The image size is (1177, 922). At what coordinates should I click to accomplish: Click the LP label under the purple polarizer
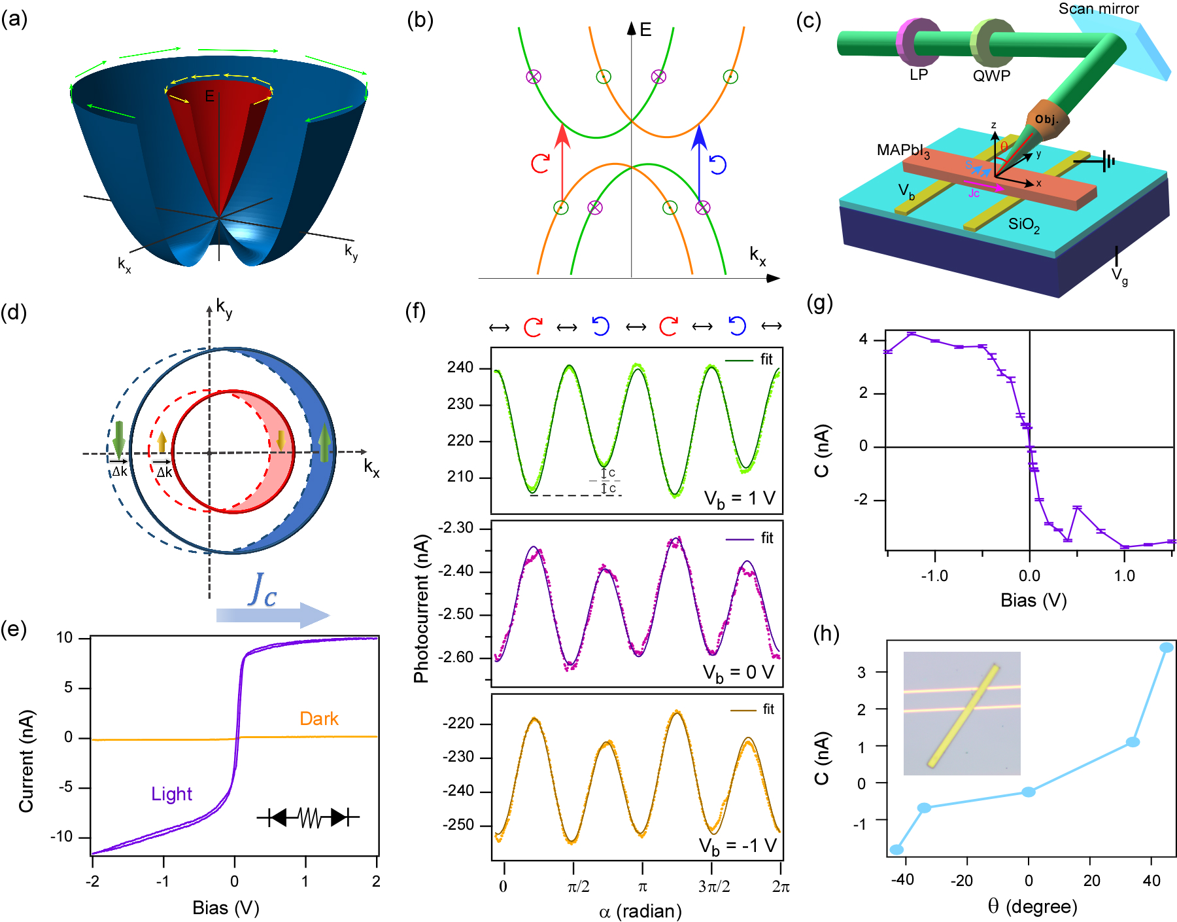click(x=918, y=75)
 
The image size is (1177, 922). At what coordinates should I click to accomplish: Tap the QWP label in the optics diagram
click(x=991, y=76)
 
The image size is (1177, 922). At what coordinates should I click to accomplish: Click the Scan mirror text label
click(x=1099, y=9)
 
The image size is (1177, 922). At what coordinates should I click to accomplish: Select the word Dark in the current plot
click(x=319, y=718)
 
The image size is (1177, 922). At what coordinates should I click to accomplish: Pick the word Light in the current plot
click(x=171, y=794)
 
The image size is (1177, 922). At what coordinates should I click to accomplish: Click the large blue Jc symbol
click(x=264, y=590)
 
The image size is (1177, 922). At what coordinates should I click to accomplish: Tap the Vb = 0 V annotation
click(x=738, y=673)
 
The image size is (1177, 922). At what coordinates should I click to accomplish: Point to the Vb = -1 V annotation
click(x=738, y=846)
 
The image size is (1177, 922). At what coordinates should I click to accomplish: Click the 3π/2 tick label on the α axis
click(x=713, y=887)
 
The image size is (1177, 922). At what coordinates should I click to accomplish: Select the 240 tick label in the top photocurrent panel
click(x=460, y=368)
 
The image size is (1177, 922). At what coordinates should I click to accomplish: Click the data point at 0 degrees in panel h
click(x=1029, y=792)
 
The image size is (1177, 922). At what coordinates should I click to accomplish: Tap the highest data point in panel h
click(x=1167, y=647)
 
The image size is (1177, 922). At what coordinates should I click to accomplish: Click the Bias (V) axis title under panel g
click(x=1033, y=600)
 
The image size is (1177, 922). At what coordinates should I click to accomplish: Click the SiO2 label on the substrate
click(x=1023, y=224)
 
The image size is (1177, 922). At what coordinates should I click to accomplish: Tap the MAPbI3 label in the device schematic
click(x=903, y=151)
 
